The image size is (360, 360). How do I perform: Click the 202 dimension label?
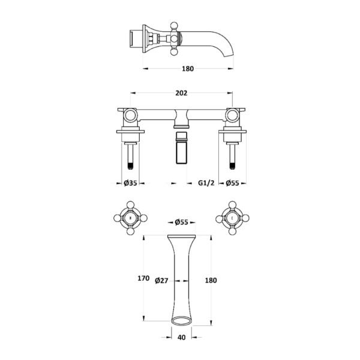pos(181,93)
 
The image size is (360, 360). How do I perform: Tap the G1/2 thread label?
pos(206,183)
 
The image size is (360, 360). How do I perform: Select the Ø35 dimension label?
pos(130,183)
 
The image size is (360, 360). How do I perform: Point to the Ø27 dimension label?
pos(161,281)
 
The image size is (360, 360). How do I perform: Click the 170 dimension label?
pos(143,278)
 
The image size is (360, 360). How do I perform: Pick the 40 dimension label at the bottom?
pos(181,337)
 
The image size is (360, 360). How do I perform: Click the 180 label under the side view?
pos(188,68)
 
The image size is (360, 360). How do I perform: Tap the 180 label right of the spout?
pos(211,280)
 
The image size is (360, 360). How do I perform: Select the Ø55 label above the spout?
pos(181,222)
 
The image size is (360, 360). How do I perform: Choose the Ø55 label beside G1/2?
pos(232,183)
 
